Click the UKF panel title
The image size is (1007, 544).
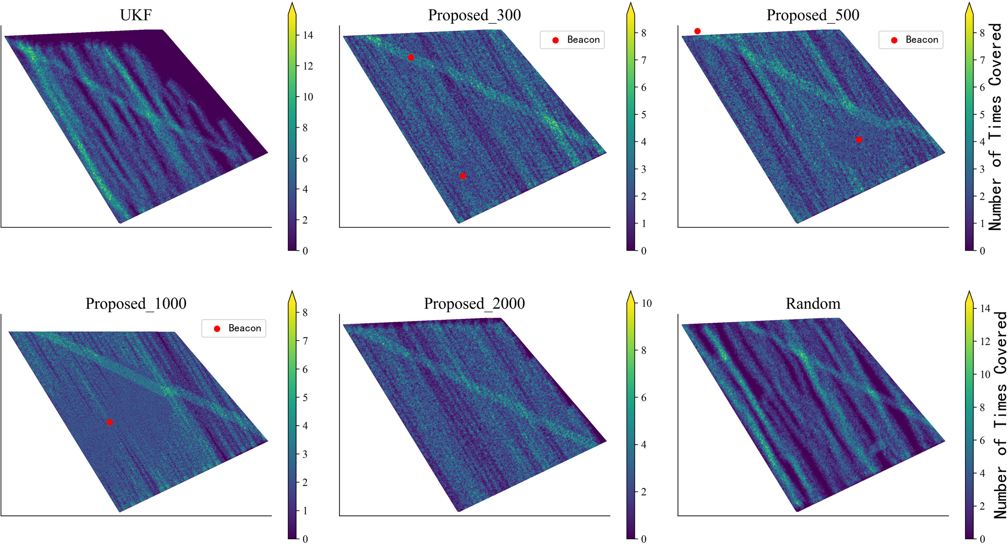136,15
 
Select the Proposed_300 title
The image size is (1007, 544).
474,15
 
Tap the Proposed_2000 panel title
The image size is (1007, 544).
474,304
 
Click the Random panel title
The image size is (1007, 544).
813,304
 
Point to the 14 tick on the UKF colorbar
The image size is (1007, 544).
308,35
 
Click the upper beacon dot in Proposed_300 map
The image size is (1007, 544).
411,58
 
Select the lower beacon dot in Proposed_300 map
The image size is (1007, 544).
463,176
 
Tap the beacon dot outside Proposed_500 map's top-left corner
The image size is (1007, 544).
697,31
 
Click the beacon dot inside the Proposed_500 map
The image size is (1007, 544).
859,140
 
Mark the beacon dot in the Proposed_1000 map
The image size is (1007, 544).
110,422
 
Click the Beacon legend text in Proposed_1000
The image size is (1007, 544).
244,328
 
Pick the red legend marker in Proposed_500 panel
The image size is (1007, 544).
894,40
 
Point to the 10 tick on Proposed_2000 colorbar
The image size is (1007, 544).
646,304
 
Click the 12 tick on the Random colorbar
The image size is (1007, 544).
985,341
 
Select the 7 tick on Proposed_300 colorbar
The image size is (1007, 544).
644,60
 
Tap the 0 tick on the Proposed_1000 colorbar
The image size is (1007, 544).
305,539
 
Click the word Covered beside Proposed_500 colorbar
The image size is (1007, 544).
995,54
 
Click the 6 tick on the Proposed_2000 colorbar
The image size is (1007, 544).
644,398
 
